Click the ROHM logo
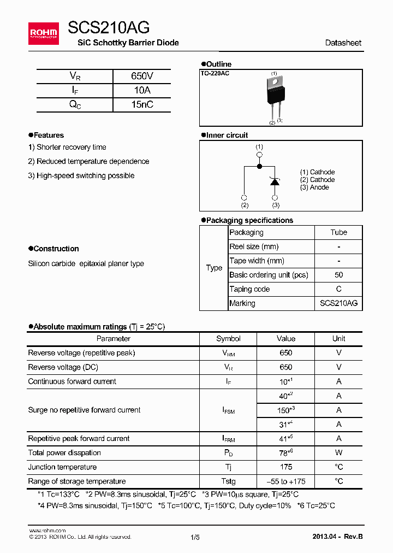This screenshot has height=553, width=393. click(x=44, y=33)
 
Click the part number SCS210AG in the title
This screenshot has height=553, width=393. click(x=109, y=27)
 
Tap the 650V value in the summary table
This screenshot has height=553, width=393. click(x=142, y=77)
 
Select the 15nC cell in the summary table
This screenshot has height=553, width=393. click(x=142, y=105)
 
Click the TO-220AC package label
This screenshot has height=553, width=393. click(x=215, y=73)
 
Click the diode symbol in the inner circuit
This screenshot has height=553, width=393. click(x=275, y=182)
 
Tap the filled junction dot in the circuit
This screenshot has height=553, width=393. click(x=259, y=166)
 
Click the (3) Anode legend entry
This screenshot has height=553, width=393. click(x=314, y=187)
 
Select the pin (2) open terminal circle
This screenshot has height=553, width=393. click(x=244, y=197)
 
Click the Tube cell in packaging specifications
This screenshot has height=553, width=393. click(x=338, y=232)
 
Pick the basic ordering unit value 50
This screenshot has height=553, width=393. click(x=338, y=275)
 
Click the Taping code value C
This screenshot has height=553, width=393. click(x=338, y=289)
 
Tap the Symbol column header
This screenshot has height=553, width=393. click(x=228, y=339)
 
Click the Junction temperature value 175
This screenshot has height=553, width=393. click(x=285, y=467)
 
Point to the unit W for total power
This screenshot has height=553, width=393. click(x=338, y=453)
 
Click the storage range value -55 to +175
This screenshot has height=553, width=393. click(x=285, y=481)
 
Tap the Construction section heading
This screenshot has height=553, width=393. click(x=53, y=249)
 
